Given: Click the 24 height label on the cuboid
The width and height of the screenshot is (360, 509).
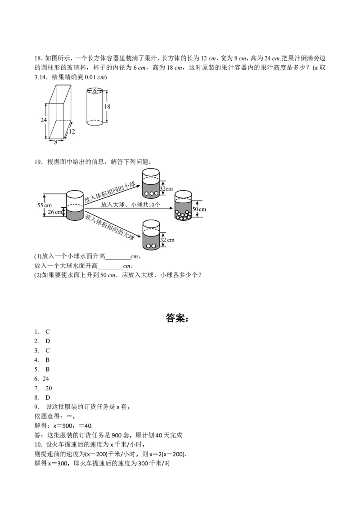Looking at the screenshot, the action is pos(44,120).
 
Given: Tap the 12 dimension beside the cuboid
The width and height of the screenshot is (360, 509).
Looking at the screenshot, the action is pos(72,131).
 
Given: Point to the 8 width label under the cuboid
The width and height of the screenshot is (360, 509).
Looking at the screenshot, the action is pos(55,142).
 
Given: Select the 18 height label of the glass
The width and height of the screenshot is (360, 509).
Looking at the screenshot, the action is pos(107,107).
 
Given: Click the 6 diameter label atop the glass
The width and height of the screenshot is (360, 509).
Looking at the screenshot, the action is pos(95,91).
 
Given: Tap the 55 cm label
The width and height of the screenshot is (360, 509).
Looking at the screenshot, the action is pos(45,205).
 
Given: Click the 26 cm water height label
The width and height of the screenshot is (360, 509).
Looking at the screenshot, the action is pos(55,212).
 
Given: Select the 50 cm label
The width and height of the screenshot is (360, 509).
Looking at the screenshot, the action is pos(199,210).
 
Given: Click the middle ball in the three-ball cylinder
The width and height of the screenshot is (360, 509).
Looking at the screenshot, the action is pos(151,193).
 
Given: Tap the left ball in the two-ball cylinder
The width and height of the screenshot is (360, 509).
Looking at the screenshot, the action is pos(148,246).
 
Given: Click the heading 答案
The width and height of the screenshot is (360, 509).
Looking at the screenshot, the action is pos(177,318).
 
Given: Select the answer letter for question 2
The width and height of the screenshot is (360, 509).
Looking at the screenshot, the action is pos(48,341).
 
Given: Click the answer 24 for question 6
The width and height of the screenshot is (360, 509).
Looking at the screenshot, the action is pos(46,379).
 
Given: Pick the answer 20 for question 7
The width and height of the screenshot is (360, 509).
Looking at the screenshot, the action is pos(49,388).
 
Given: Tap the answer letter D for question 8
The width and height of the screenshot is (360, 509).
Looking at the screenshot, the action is pos(48,397).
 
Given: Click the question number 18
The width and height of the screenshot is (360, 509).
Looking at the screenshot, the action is pos(38,58).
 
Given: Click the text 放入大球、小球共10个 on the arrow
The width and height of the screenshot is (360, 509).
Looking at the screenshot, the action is pos(130,205).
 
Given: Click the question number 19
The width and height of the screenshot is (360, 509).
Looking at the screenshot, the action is pos(38,162).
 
